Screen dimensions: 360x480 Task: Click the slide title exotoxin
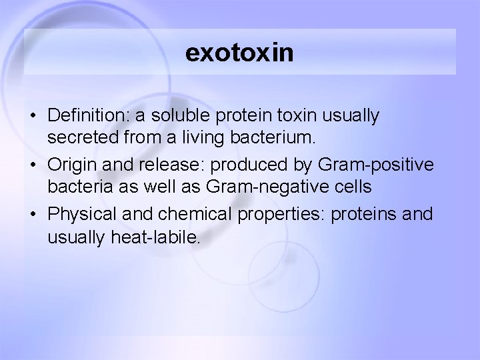(239, 53)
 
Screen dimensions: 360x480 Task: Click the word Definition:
(89, 116)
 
